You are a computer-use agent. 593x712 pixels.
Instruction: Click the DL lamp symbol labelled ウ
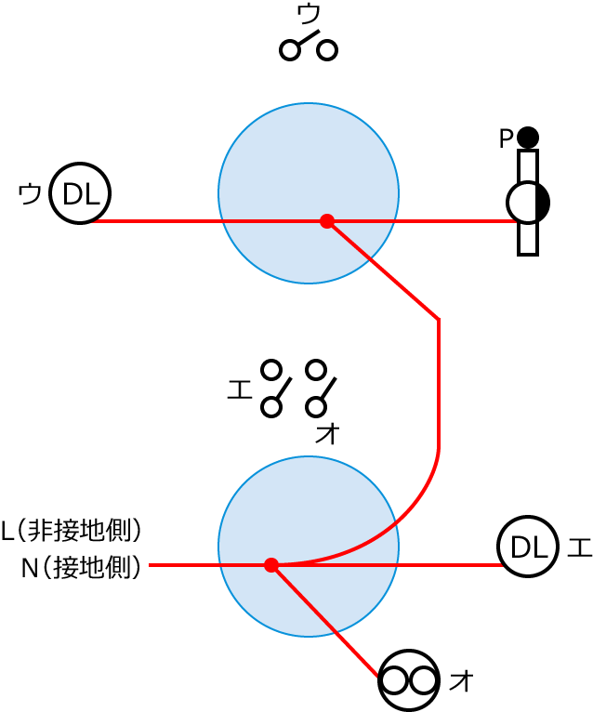pos(80,193)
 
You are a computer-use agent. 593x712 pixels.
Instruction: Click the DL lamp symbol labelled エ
pos(527,547)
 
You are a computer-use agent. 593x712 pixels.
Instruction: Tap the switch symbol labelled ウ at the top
pos(309,46)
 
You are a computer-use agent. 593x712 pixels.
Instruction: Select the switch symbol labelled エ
pos(273,389)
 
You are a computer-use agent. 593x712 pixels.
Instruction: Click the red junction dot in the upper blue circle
pos(326,221)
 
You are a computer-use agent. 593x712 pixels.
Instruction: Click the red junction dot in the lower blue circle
pos(271,565)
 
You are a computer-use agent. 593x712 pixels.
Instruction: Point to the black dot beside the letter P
pos(528,138)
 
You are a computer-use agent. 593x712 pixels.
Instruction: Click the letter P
pos(505,138)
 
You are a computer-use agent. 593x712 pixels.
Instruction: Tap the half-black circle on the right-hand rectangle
pos(528,202)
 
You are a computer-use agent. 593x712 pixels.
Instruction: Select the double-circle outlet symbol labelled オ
pos(409,680)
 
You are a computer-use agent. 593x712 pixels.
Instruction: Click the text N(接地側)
pos(82,567)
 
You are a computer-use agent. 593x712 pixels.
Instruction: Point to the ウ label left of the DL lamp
pos(30,194)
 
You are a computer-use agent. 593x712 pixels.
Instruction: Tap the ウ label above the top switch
pos(309,13)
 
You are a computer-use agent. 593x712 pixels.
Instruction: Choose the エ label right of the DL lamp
pos(578,547)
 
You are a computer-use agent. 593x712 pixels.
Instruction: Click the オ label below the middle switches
pos(327,433)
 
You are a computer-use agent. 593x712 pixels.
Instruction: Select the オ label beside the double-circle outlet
pos(461,680)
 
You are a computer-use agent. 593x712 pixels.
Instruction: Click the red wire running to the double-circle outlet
pos(325,620)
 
